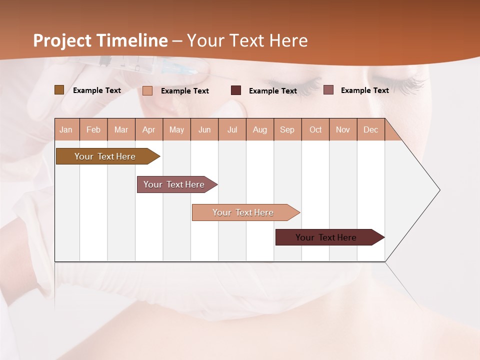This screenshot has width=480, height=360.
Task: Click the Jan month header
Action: pyautogui.click(x=66, y=129)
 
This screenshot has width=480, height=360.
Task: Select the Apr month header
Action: pyautogui.click(x=148, y=129)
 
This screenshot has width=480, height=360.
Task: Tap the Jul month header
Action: pyautogui.click(x=232, y=129)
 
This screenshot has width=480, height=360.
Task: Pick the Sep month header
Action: pyautogui.click(x=287, y=129)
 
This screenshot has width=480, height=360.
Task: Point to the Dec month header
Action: pyautogui.click(x=370, y=129)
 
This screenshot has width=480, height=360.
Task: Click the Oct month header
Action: pyautogui.click(x=315, y=129)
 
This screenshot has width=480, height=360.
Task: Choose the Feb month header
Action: pyautogui.click(x=93, y=129)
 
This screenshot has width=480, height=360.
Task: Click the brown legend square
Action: pyautogui.click(x=59, y=90)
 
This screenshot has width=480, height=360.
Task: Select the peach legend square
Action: pyautogui.click(x=147, y=90)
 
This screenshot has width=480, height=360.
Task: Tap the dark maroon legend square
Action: pyautogui.click(x=236, y=90)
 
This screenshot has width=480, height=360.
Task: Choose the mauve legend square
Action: pyautogui.click(x=328, y=90)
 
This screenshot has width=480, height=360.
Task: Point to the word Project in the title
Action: pyautogui.click(x=63, y=40)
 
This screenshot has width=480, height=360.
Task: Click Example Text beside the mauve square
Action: pyautogui.click(x=364, y=90)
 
